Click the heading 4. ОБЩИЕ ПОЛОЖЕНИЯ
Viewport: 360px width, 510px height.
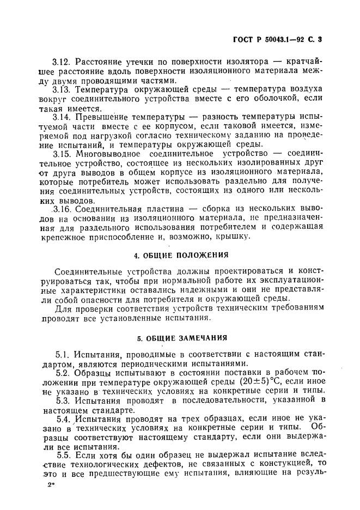click(x=181, y=254)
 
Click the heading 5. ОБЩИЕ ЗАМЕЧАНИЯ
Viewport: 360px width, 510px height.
click(x=181, y=338)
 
